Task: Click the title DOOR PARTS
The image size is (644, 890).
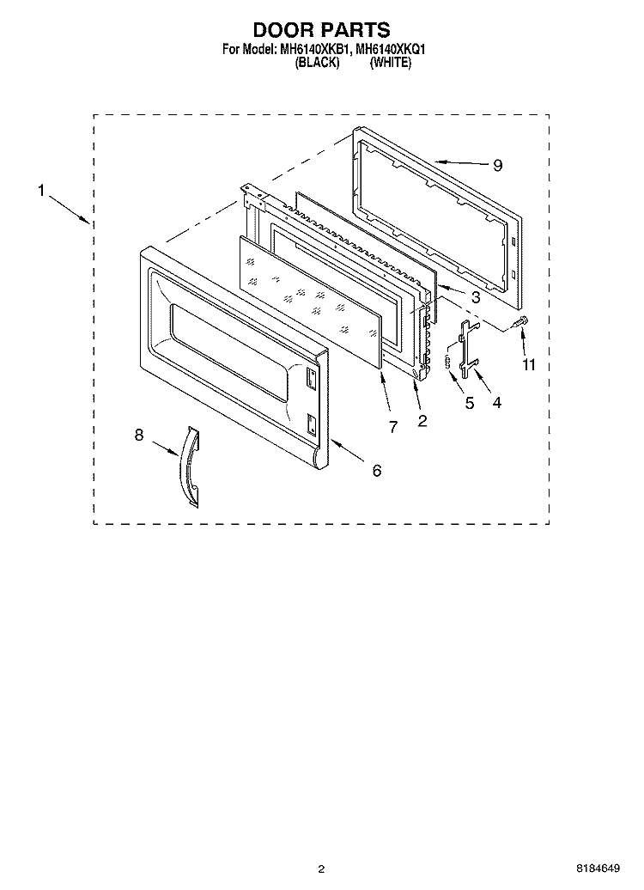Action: (321, 29)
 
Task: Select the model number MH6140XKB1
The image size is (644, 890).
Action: (314, 50)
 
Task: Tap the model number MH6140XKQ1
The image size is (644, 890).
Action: (391, 50)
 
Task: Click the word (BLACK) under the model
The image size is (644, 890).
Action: (317, 63)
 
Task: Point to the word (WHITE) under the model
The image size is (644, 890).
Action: (391, 63)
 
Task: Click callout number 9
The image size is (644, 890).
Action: (498, 165)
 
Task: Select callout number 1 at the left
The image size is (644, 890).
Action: (41, 190)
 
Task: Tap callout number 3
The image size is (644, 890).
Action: (476, 297)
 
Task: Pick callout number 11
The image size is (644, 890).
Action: (529, 364)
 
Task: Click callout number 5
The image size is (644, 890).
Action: (470, 402)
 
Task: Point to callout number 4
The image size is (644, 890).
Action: (497, 402)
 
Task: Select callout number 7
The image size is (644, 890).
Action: (393, 427)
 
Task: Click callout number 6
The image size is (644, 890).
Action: (377, 470)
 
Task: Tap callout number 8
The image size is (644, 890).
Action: (139, 435)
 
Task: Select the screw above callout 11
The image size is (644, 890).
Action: (519, 322)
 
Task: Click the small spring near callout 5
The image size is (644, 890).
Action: (447, 361)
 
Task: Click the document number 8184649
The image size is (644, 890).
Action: (598, 869)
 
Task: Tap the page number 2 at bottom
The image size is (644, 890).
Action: (321, 869)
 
